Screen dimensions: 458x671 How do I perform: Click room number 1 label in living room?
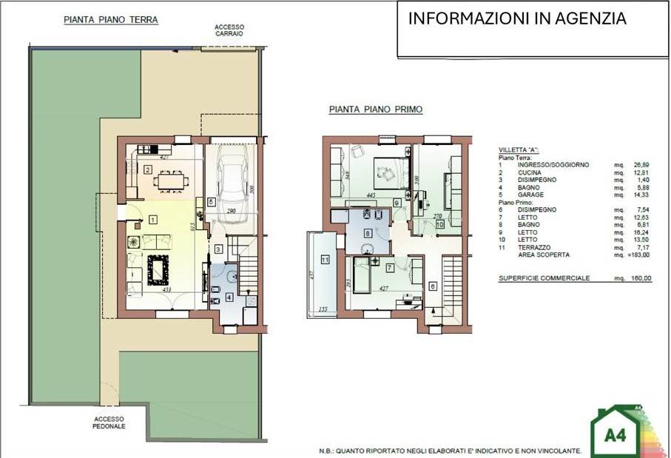click(152, 219)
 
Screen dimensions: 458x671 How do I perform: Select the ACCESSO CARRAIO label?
click(229, 30)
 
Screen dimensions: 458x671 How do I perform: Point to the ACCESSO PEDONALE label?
click(109, 422)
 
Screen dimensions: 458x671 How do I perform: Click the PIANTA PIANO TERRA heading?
click(110, 20)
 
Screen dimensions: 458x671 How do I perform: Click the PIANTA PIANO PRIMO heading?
click(375, 109)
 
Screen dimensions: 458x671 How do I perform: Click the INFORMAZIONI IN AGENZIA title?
click(517, 18)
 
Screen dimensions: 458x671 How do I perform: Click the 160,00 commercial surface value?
click(641, 278)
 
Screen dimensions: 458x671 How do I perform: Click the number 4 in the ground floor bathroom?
click(229, 297)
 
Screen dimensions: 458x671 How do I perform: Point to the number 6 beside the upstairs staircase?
click(433, 286)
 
